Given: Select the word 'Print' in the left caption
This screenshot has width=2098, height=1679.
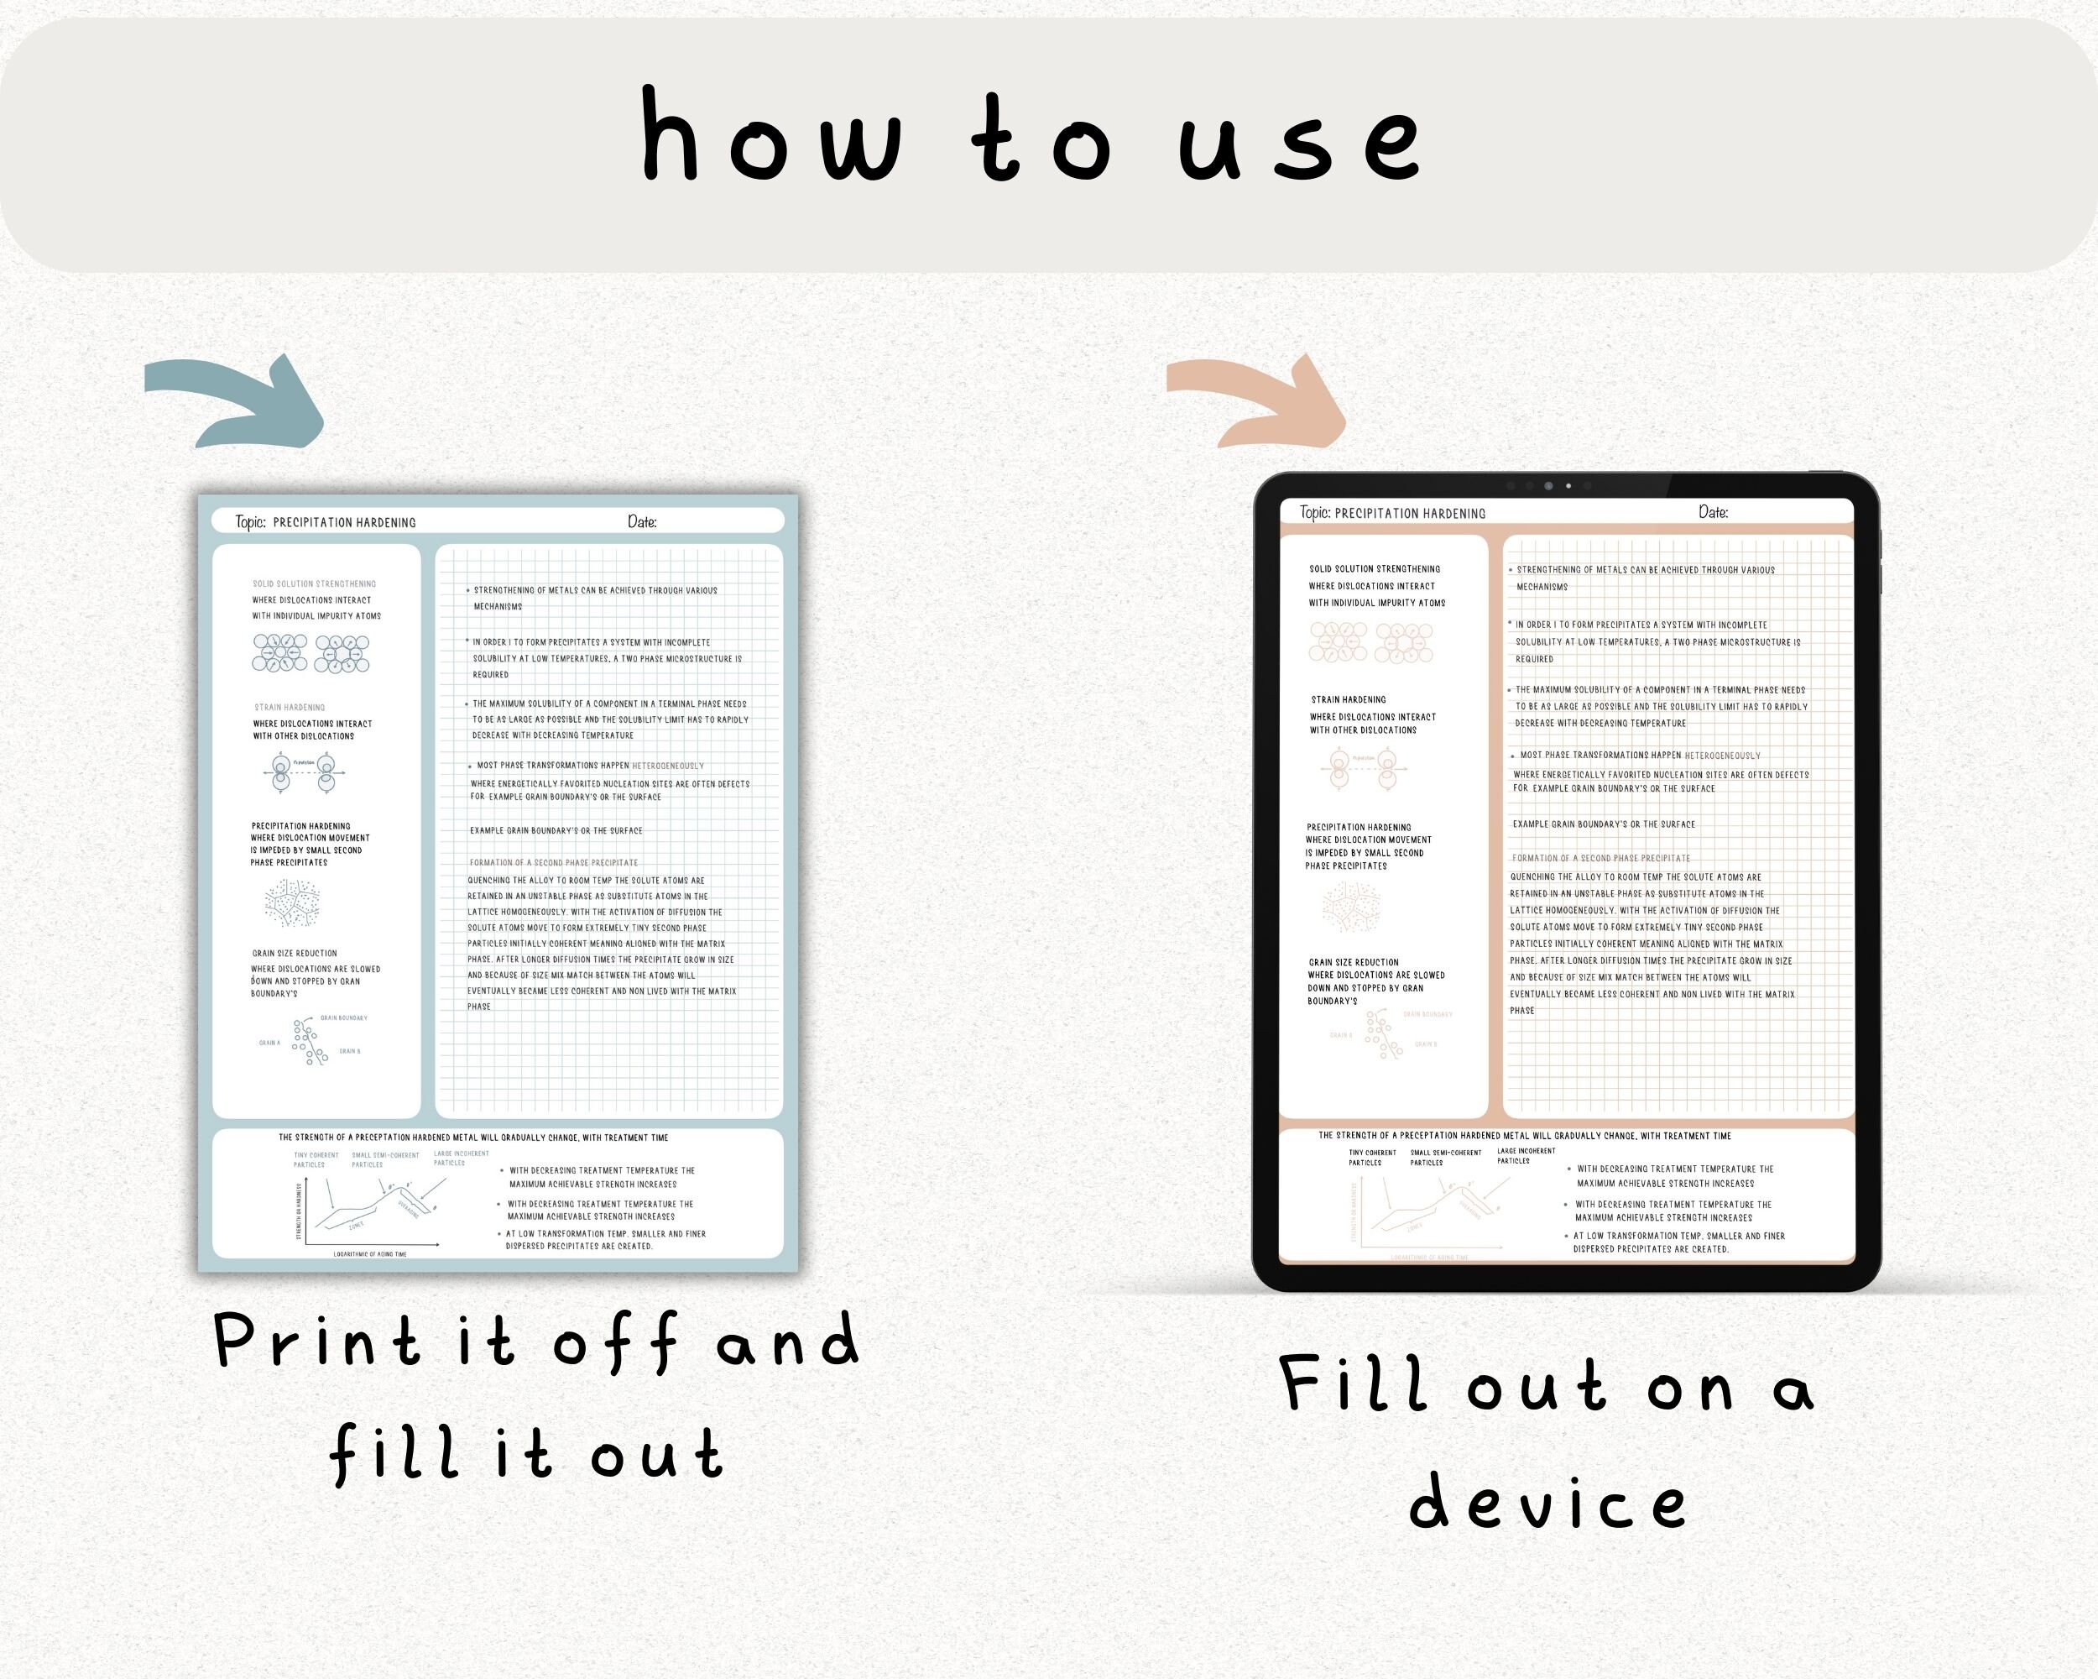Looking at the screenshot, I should click(x=317, y=1342).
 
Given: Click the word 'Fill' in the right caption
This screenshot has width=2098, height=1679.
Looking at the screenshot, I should click(x=1354, y=1384).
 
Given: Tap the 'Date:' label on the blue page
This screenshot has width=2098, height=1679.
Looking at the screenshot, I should click(x=642, y=521).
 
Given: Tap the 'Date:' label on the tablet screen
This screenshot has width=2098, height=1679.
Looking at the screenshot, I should click(x=1713, y=512).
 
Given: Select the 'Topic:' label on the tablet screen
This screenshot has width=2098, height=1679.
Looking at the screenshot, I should click(x=1315, y=512).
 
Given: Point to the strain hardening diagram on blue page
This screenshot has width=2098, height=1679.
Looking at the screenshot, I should click(x=304, y=772).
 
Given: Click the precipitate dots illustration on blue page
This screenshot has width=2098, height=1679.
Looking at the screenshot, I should click(x=292, y=902).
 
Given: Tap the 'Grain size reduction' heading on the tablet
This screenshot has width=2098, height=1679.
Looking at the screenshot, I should click(x=1353, y=962).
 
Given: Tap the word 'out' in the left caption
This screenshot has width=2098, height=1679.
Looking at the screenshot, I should click(x=656, y=1454).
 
